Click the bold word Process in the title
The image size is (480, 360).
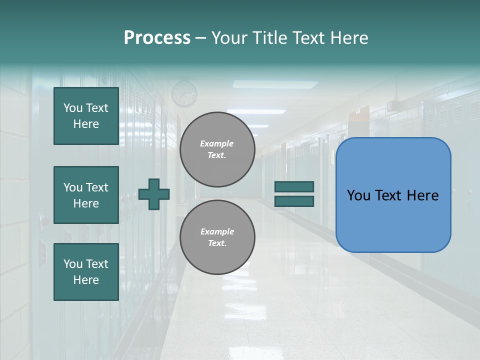157,38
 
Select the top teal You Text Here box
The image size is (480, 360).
86,116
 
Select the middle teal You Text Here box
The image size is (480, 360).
86,195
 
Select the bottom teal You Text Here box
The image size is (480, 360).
86,272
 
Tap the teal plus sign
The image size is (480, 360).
154,194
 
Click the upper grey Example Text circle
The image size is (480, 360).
217,149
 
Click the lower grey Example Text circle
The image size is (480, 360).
217,237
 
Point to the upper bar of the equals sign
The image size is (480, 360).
294,187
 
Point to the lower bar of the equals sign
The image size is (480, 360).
294,201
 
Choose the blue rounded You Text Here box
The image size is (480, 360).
393,195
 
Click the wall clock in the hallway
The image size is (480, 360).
184,93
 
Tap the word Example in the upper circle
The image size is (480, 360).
217,144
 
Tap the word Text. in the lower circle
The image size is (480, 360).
217,243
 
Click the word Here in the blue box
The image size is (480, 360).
422,195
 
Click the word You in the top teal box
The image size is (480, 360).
73,108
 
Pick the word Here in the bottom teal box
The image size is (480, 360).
86,280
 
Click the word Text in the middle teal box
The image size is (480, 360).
97,188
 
